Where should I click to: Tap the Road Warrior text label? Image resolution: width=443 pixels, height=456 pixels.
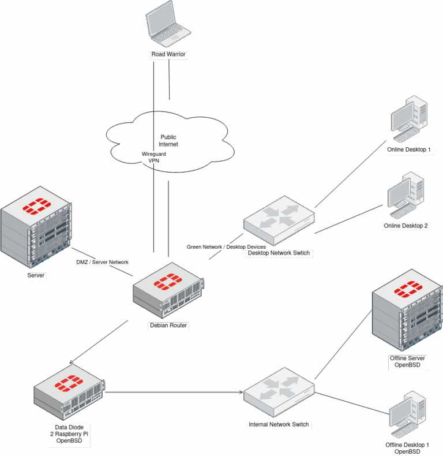coord(168,55)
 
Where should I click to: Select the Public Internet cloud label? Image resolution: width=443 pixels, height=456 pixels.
coord(168,140)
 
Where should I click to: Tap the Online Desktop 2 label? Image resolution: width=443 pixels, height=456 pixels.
coord(406,226)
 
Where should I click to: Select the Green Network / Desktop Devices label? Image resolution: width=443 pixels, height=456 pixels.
coord(226,247)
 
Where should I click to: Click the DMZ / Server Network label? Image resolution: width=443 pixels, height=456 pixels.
coord(102,262)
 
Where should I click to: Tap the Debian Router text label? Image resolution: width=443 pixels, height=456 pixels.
coord(169,326)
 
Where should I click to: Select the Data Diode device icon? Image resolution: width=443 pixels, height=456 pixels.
coord(70,397)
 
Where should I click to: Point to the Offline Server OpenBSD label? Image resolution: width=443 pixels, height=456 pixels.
coord(408,362)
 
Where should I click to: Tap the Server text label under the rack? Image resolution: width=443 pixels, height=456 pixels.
coord(36,276)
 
